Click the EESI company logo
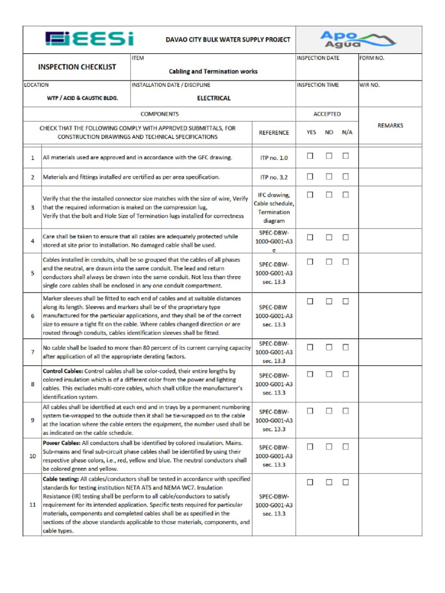coord(89,39)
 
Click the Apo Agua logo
coord(358,39)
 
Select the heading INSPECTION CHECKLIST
coord(77,67)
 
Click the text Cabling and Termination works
coord(213,71)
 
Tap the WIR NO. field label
coord(370,85)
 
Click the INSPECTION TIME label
coord(318,85)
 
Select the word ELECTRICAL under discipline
coord(214,98)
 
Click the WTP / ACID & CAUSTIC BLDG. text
coord(82,98)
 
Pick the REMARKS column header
coord(390,126)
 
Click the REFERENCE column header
coord(273,133)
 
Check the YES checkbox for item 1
coord(310,156)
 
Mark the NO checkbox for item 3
coord(329,195)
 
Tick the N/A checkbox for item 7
coord(345,347)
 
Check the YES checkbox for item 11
coord(310,482)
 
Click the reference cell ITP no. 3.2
coord(273,177)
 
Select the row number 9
coord(32,420)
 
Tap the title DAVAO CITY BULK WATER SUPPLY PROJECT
coord(228,40)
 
